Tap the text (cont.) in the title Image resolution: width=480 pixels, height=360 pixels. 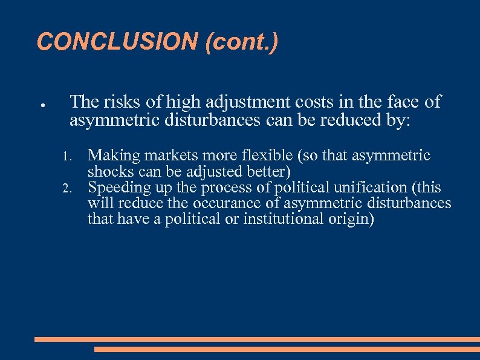point(241,42)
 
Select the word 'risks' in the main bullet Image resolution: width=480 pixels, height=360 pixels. point(128,102)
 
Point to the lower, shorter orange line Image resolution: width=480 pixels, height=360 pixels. point(287,349)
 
